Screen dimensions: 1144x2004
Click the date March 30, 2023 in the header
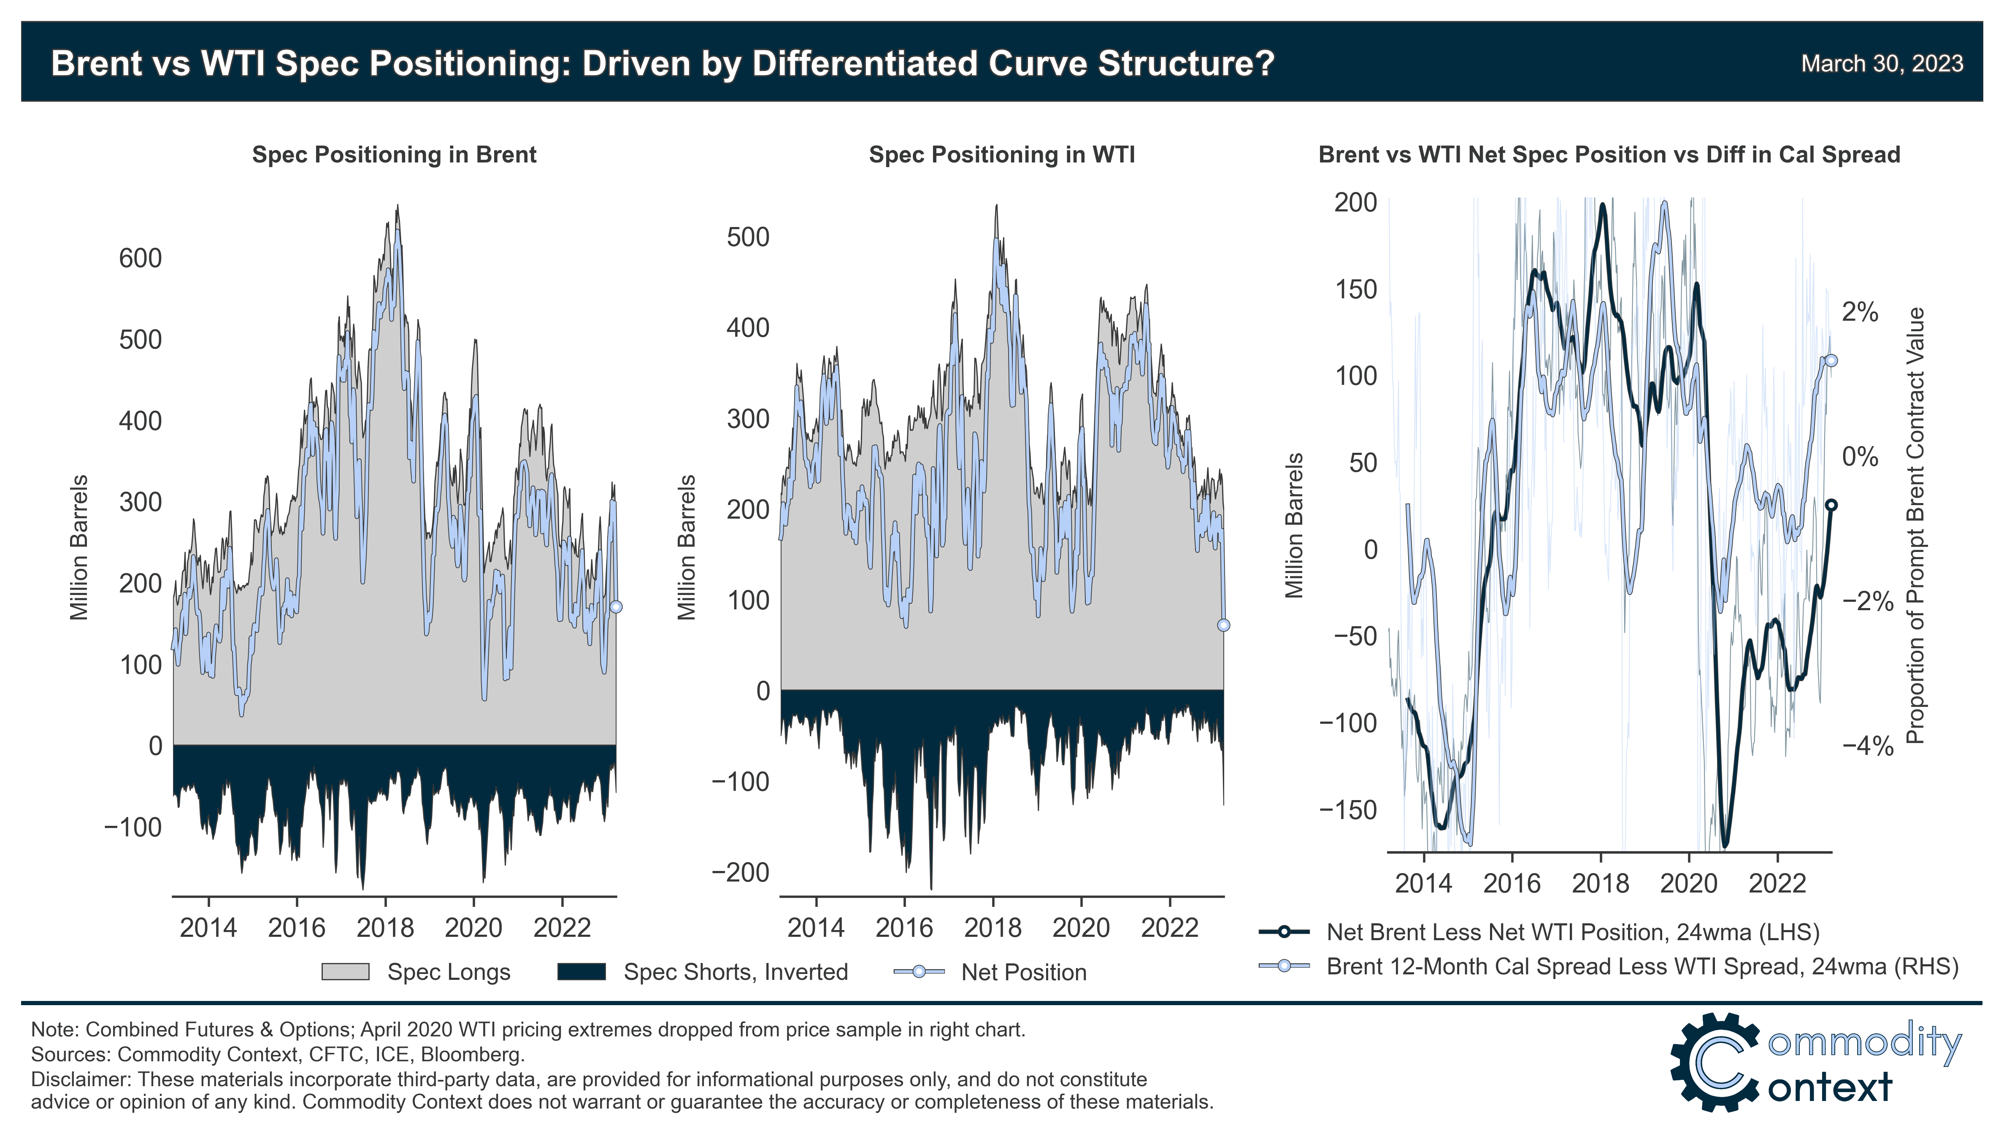(x=1882, y=64)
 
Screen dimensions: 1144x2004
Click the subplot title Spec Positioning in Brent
(x=394, y=155)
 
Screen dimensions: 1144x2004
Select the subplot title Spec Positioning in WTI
(x=1002, y=155)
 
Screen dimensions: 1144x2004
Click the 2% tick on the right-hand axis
(x=1859, y=313)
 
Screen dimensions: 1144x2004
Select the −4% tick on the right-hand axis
(x=1867, y=746)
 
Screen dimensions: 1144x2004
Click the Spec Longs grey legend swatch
(x=345, y=972)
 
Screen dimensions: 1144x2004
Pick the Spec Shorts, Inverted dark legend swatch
(x=581, y=972)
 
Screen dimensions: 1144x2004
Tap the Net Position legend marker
(x=918, y=972)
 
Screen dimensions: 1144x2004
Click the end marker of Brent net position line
(x=616, y=606)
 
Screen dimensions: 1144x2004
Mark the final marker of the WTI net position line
(x=1223, y=625)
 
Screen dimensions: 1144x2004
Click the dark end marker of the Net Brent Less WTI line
(x=1831, y=505)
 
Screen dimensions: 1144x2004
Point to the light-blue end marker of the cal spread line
(x=1831, y=361)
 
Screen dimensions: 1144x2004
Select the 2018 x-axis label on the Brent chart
(x=385, y=928)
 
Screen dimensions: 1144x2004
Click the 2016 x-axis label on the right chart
(x=1512, y=883)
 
